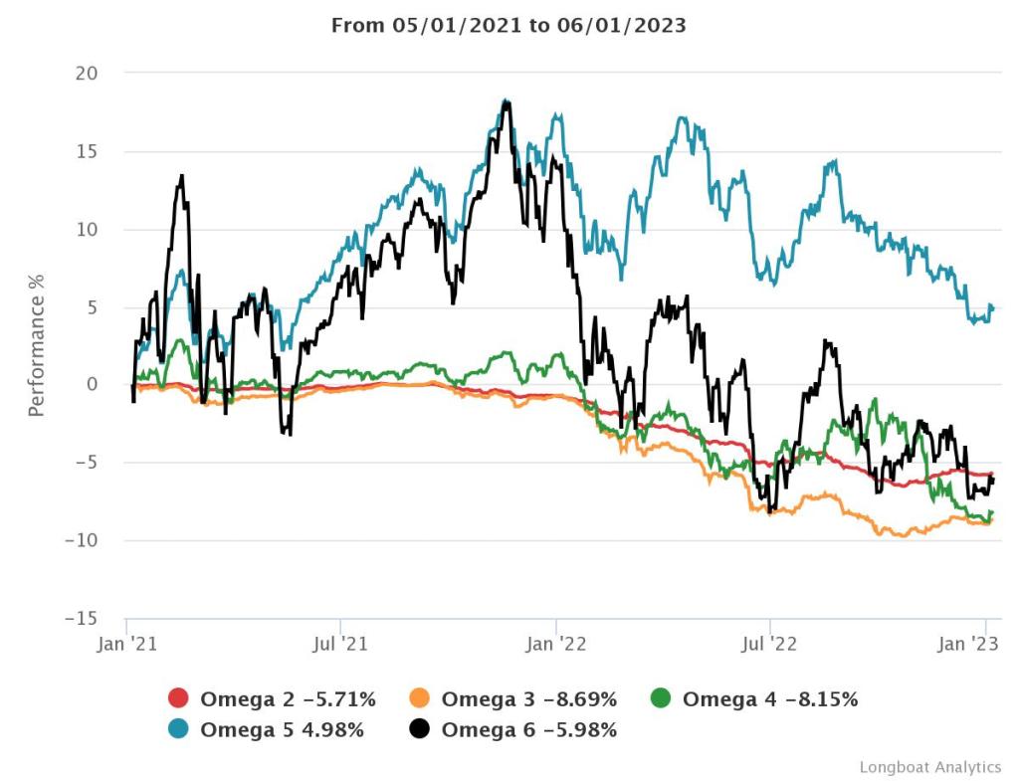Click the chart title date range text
pos(509,26)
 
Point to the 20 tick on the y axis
pos(87,74)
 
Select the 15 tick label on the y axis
pos(87,151)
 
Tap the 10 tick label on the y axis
pos(87,229)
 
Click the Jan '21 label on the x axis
pos(126,644)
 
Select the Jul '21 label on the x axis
pos(341,644)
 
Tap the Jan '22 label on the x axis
pos(556,644)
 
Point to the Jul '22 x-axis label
pos(770,644)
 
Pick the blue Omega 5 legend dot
pos(179,730)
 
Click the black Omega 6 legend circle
pos(420,730)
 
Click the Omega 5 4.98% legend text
pos(282,730)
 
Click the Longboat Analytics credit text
pos(929,767)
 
